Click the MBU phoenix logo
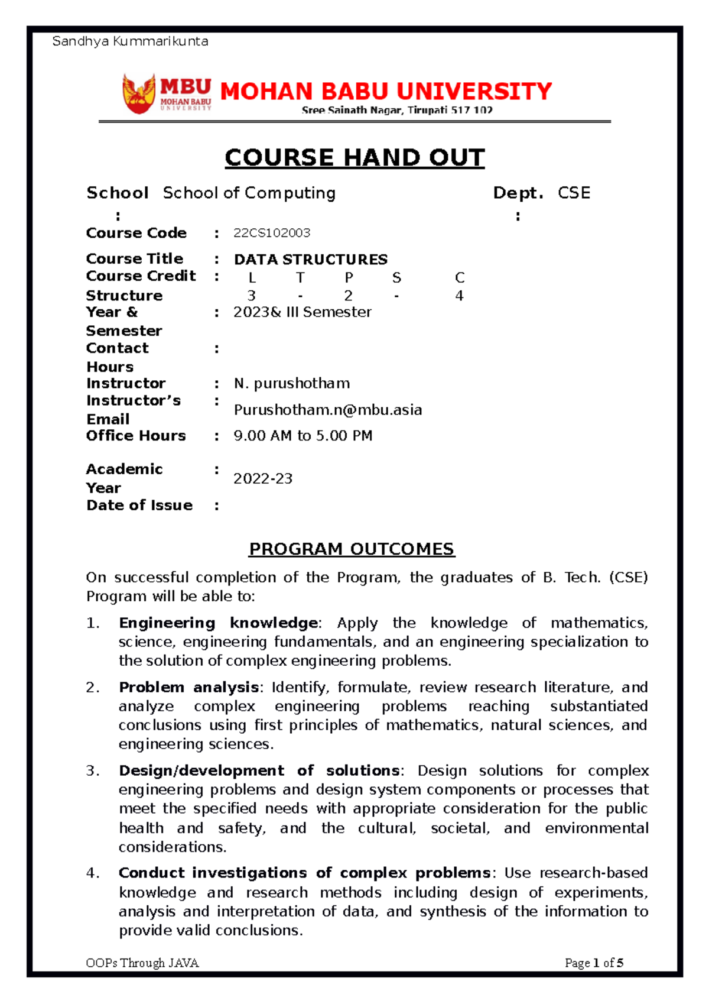click(x=139, y=93)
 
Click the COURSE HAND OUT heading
click(x=354, y=158)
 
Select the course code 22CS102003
click(x=272, y=233)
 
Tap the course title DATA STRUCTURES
click(x=311, y=260)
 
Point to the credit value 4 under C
click(x=459, y=296)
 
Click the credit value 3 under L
click(x=252, y=296)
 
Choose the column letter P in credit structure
click(x=349, y=278)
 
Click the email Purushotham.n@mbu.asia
click(x=328, y=410)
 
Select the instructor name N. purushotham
click(x=292, y=384)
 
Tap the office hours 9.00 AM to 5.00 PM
click(x=303, y=436)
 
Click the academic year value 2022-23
click(x=263, y=479)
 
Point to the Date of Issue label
click(x=139, y=506)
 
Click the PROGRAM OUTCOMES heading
click(x=352, y=549)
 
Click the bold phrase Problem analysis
click(x=189, y=688)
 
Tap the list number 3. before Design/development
click(x=93, y=771)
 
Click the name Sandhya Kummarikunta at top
click(x=130, y=41)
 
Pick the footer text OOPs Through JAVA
click(x=142, y=963)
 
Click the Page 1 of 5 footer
click(x=594, y=963)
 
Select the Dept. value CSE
click(x=574, y=193)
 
